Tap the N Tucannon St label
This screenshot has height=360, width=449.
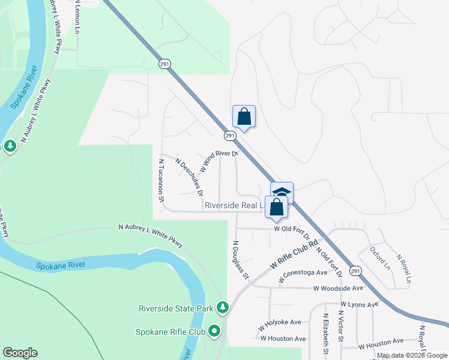click(161, 181)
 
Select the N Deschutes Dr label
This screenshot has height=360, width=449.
click(189, 176)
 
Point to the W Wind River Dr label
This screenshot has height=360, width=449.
click(219, 161)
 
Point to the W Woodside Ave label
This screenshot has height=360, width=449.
click(338, 289)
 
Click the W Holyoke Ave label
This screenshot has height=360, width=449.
click(279, 322)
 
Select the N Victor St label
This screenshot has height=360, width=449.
click(341, 326)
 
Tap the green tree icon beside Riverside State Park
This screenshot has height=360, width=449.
click(223, 308)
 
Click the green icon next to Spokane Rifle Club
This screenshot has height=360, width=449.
click(214, 331)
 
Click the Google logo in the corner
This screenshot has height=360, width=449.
click(20, 353)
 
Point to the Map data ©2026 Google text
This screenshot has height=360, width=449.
click(412, 355)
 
